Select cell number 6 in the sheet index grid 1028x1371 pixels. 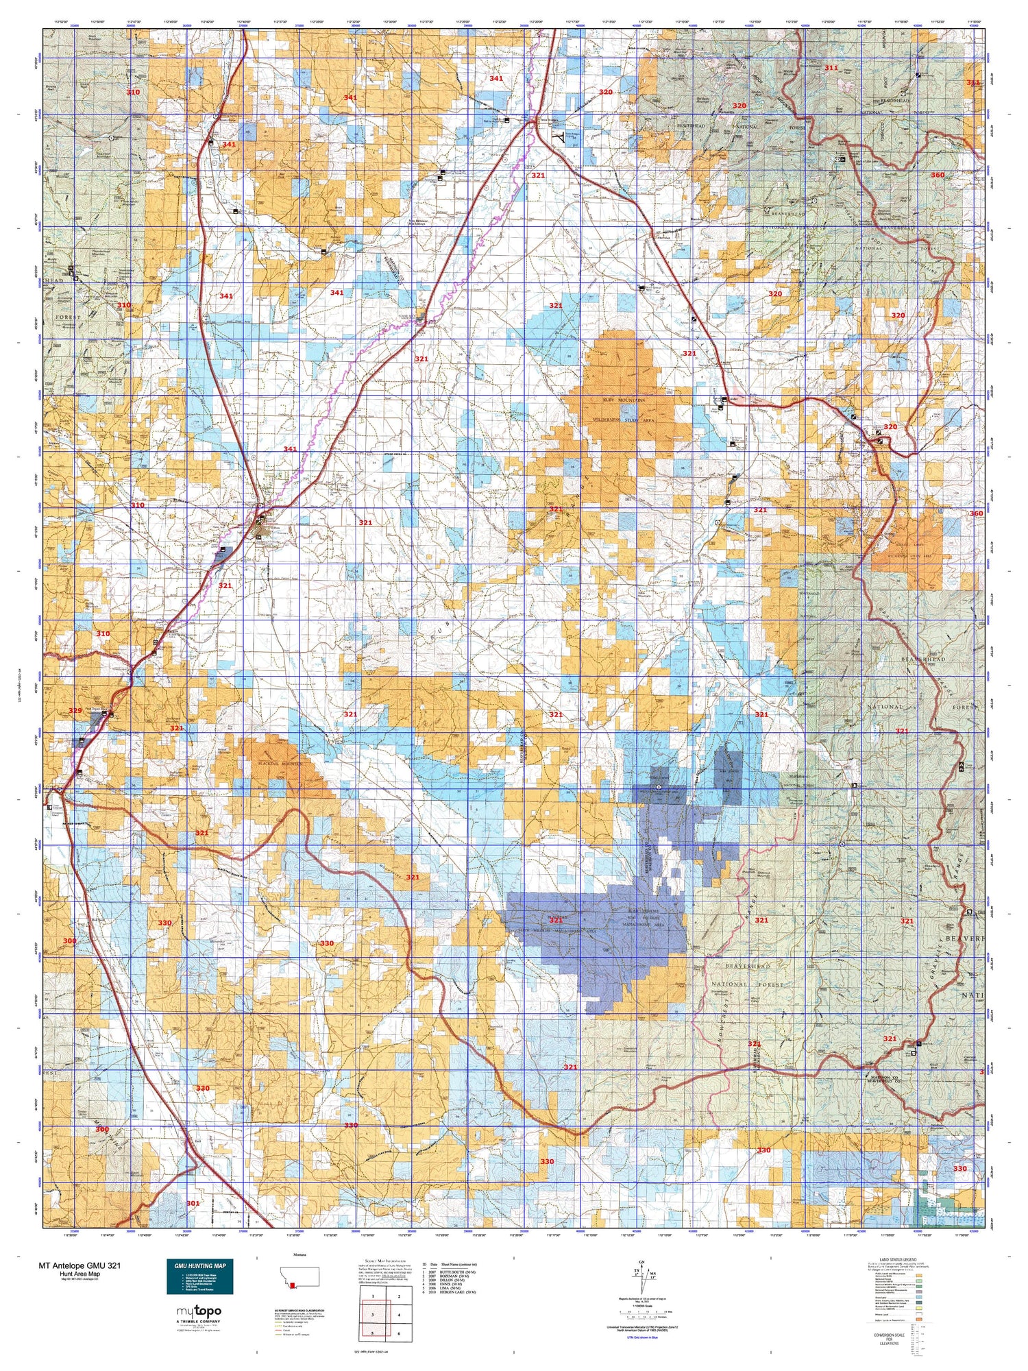point(398,1333)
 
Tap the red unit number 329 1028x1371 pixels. point(75,711)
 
